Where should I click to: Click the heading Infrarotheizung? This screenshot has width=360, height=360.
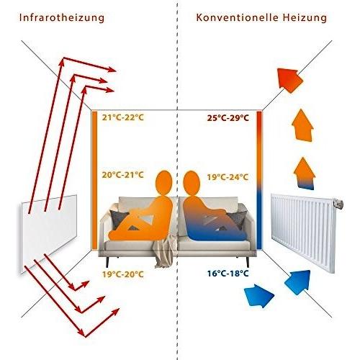pyautogui.click(x=62, y=18)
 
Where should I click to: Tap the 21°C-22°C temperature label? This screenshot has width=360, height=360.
pyautogui.click(x=122, y=117)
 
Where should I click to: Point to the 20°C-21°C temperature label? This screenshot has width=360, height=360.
pyautogui.click(x=122, y=175)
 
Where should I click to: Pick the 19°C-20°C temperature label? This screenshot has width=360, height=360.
pyautogui.click(x=122, y=274)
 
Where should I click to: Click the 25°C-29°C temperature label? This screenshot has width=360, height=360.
pyautogui.click(x=228, y=118)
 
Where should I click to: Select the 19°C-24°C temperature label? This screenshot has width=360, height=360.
pyautogui.click(x=228, y=177)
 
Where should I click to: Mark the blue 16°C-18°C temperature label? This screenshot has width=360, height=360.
pyautogui.click(x=228, y=274)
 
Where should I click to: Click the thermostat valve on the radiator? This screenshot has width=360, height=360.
pyautogui.click(x=338, y=204)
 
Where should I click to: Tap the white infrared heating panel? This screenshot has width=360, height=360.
pyautogui.click(x=49, y=233)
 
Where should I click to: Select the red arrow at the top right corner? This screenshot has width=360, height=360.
pyautogui.click(x=290, y=80)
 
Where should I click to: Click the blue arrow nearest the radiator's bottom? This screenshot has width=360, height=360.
pyautogui.click(x=298, y=282)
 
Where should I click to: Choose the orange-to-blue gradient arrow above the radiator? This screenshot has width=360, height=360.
pyautogui.click(x=305, y=174)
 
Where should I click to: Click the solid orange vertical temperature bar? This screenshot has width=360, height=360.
pyautogui.click(x=95, y=181)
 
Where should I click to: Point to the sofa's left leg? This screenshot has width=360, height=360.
pyautogui.click(x=107, y=261)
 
